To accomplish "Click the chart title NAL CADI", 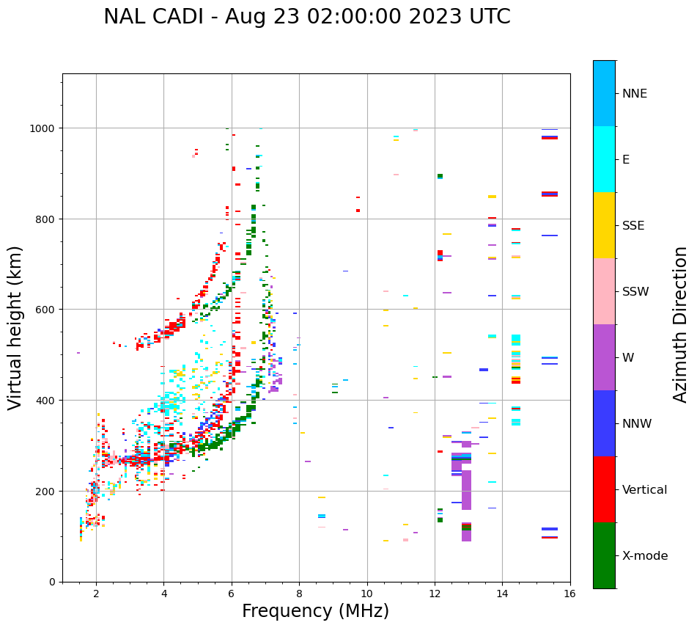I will tap(306, 17).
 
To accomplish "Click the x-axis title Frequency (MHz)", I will tap(315, 611).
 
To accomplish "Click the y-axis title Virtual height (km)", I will tap(15, 328).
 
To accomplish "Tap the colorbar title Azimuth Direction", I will tap(681, 324).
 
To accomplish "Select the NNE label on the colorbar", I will tap(635, 94).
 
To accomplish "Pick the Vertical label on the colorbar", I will tap(644, 490).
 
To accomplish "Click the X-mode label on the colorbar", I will tap(645, 556).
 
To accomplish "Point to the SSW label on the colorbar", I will tap(635, 292).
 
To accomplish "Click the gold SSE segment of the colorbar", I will tap(604, 225).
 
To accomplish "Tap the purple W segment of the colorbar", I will tap(604, 357).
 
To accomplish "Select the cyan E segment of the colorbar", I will tap(604, 159).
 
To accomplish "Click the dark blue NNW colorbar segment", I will tap(604, 423).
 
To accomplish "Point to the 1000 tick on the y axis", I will tap(44, 128).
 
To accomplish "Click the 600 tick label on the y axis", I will tap(47, 310).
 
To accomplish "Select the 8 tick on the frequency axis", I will tap(299, 595).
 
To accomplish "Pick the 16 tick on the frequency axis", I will tap(570, 595).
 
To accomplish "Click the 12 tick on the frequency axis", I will tap(435, 595).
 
